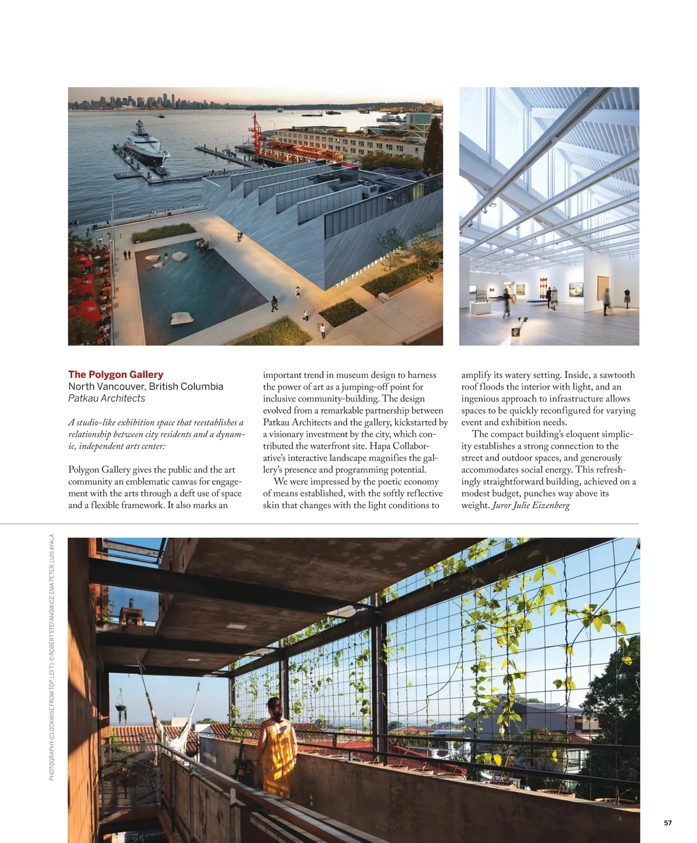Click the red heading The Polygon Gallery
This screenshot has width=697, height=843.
[x=116, y=374]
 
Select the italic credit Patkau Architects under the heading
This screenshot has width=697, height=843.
[x=106, y=398]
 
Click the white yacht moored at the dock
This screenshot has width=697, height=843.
[x=144, y=144]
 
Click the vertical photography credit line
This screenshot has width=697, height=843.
[x=52, y=657]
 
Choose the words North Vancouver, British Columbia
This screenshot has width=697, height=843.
[x=145, y=387]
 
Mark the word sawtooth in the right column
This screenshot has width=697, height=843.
[x=616, y=375]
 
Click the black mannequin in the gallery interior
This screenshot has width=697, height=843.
[x=627, y=297]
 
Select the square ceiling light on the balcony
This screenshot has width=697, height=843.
[x=236, y=626]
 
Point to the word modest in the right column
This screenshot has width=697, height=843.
[x=476, y=494]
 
